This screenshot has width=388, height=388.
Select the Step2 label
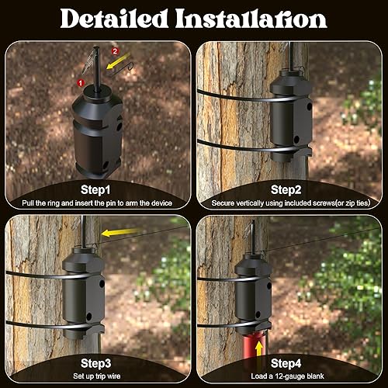[291, 189]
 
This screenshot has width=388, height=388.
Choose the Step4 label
[291, 362]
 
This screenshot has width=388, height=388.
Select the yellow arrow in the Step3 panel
[116, 230]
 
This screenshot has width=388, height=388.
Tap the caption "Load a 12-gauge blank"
[291, 376]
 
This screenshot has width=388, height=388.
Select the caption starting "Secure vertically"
[291, 203]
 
